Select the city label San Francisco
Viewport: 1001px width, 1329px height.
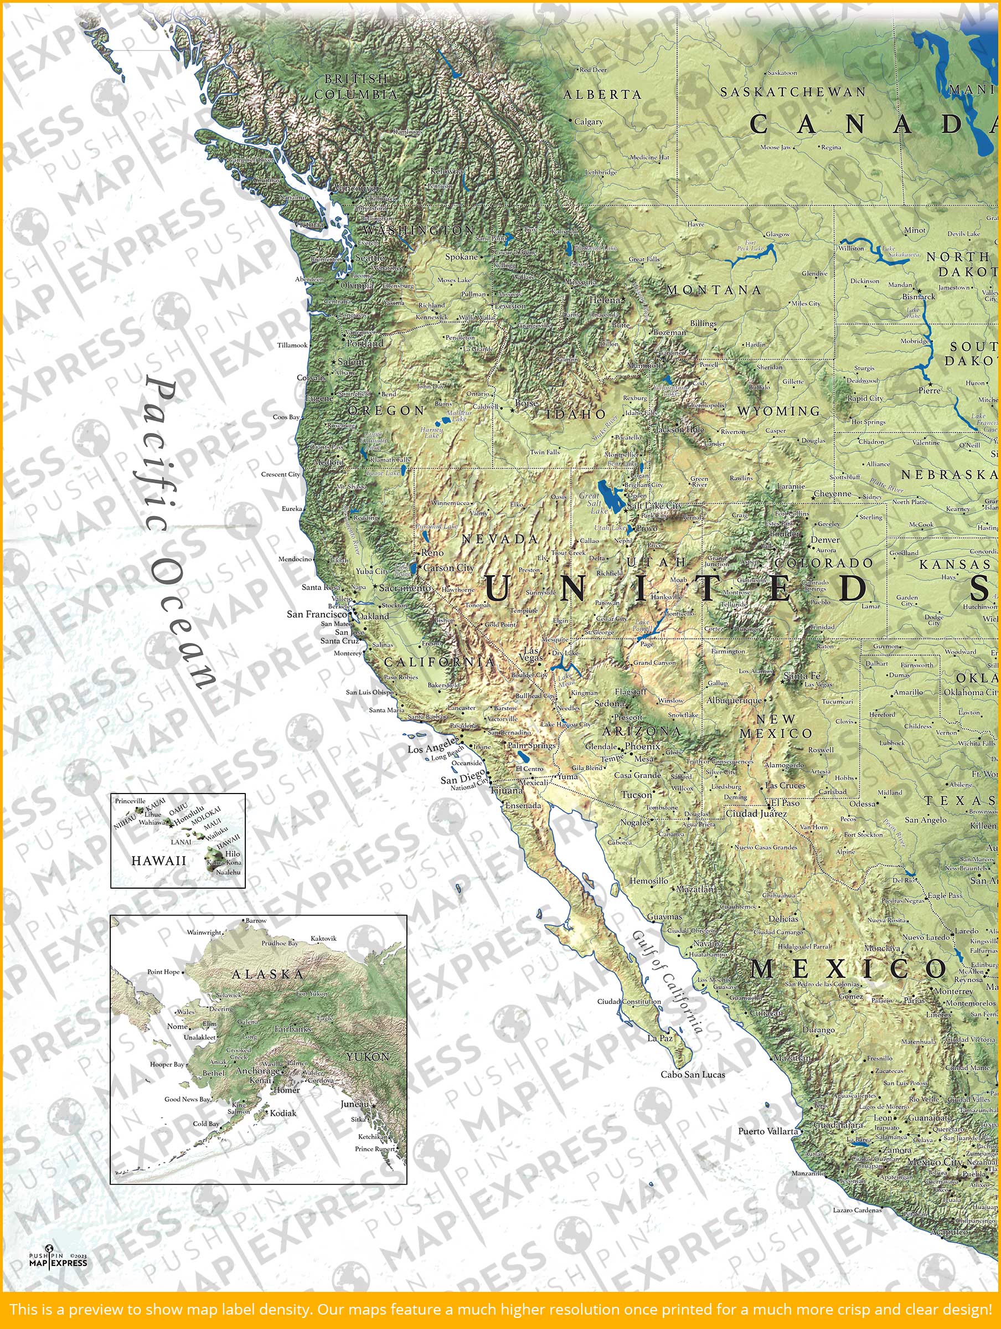tap(317, 614)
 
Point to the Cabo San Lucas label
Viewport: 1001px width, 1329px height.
tap(692, 1074)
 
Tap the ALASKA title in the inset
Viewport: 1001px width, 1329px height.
tap(267, 974)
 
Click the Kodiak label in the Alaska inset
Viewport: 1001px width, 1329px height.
tap(283, 1112)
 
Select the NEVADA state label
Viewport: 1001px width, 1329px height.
tap(500, 539)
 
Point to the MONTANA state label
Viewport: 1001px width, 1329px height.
tap(713, 290)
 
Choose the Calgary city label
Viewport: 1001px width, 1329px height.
tap(588, 121)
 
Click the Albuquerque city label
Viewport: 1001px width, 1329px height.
tap(734, 700)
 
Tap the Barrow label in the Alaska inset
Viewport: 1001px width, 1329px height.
tap(256, 920)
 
